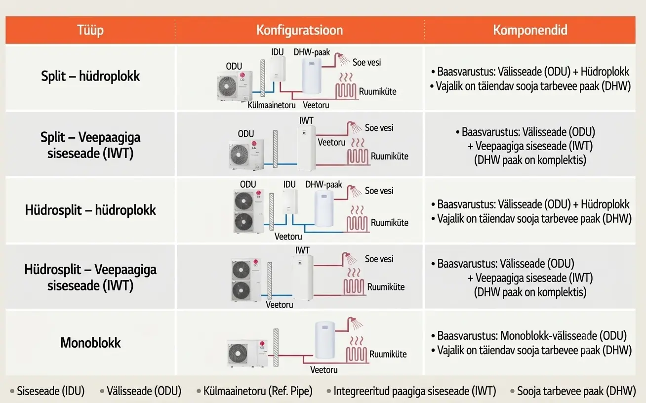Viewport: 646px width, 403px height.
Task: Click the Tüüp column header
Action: click(x=90, y=30)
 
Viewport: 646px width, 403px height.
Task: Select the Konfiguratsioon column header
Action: click(x=299, y=30)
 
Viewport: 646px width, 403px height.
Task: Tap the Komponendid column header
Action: click(x=530, y=30)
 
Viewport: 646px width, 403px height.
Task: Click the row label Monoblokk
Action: click(x=90, y=343)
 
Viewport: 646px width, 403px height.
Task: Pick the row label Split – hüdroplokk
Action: click(x=90, y=76)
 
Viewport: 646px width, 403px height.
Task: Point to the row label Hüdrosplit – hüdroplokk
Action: click(x=90, y=210)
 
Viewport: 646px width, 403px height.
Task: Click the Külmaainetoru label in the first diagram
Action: click(x=271, y=105)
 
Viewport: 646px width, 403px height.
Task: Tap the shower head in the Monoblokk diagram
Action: click(x=355, y=323)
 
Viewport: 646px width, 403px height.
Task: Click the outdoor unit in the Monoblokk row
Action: click(x=247, y=353)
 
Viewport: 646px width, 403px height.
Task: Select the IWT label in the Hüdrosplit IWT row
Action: click(x=302, y=250)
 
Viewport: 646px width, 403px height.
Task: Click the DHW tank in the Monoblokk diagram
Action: click(x=325, y=340)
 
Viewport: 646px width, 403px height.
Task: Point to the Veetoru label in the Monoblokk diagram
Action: click(x=323, y=370)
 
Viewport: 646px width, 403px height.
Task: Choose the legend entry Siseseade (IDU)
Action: click(x=51, y=391)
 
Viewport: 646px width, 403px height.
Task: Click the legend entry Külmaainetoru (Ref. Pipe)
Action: click(x=258, y=391)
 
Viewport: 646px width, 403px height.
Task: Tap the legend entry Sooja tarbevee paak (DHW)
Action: click(x=576, y=391)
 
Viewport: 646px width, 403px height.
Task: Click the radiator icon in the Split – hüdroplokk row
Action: click(x=346, y=86)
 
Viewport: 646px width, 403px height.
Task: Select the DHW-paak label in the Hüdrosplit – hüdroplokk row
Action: click(x=323, y=184)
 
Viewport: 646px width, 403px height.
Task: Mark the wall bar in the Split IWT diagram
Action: click(x=276, y=149)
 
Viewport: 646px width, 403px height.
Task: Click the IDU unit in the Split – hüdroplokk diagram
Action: click(x=278, y=69)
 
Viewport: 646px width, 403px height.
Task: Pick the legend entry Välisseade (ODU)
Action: click(x=144, y=391)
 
